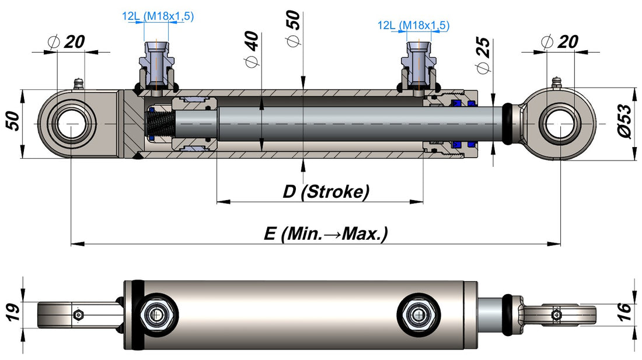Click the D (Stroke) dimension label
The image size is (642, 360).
(x=326, y=191)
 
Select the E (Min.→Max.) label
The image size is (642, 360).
(x=326, y=233)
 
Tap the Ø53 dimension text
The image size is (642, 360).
(x=625, y=121)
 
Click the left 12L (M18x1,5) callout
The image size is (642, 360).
(x=158, y=16)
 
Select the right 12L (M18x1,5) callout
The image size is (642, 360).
(x=414, y=25)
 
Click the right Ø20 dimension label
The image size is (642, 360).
(x=560, y=42)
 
